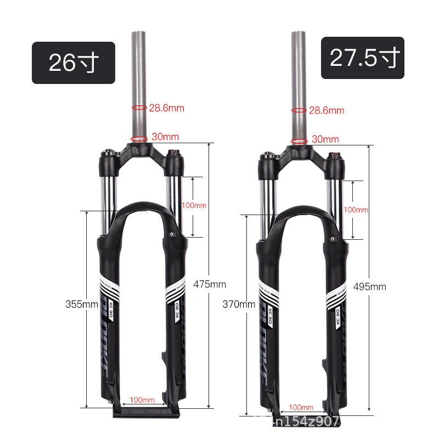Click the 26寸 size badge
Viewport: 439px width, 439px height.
[73, 63]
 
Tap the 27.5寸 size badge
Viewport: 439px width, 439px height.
[362, 58]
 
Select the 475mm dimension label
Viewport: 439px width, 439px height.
[210, 284]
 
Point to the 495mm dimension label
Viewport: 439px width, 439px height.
[370, 286]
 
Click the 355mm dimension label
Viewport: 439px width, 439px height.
[81, 304]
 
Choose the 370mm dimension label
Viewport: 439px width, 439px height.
[239, 304]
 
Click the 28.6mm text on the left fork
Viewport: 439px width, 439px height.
[166, 108]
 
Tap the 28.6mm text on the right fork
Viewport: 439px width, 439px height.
[326, 110]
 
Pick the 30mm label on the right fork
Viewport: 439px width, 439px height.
[325, 139]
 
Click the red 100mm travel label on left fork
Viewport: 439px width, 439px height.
[194, 205]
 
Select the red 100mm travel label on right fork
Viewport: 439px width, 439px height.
[356, 210]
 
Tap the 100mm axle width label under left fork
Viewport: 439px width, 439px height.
[142, 399]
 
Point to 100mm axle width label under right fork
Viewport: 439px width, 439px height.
[301, 407]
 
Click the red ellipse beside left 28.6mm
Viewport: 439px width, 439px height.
[139, 108]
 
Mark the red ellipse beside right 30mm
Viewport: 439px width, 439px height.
[299, 140]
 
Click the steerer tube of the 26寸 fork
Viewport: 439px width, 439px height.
[139, 71]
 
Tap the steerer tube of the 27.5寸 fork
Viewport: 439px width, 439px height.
[299, 71]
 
